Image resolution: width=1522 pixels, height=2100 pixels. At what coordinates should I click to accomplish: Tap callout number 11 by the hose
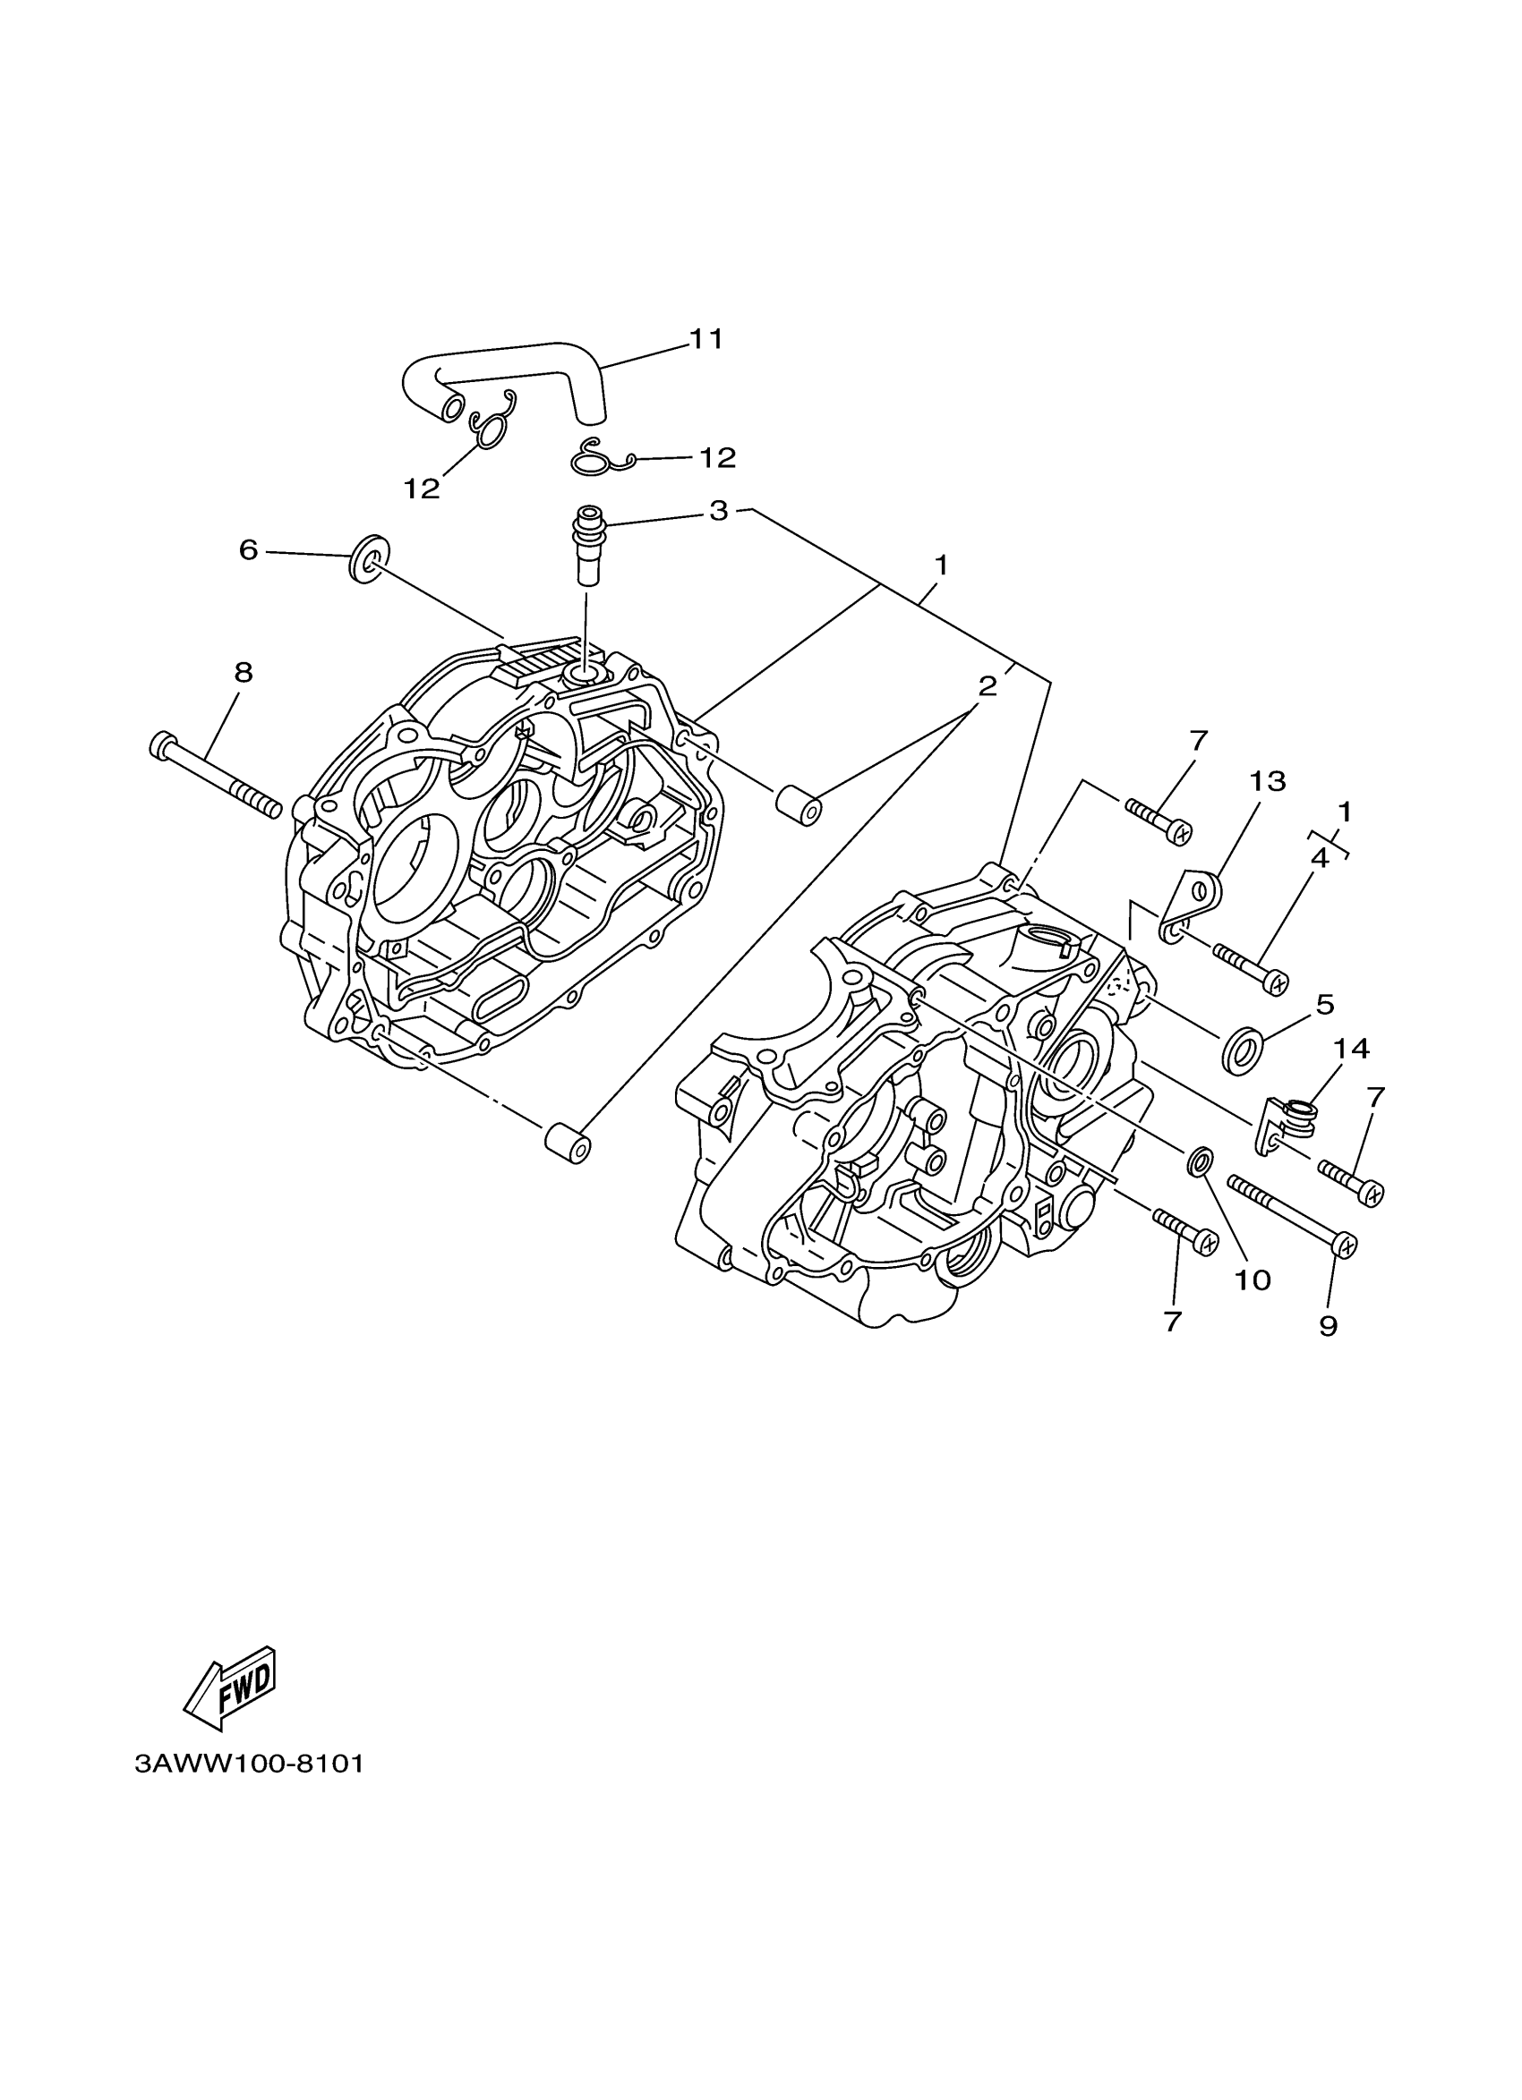pos(705,340)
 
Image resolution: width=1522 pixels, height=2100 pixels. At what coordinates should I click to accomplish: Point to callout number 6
pos(248,550)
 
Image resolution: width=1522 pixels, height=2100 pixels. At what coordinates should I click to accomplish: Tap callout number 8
pos(243,672)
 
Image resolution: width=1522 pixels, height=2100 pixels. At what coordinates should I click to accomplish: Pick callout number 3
pos(719,510)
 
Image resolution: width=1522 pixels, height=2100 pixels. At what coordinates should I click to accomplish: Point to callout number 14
pos(1352,1048)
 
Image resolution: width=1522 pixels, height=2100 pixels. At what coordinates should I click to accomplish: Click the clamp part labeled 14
pos(1289,1123)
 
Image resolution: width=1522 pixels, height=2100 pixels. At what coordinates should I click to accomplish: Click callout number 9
pos(1329,1326)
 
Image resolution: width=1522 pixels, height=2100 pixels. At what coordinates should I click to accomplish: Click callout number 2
pos(988,686)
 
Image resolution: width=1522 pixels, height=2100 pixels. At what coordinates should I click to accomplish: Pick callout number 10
pos(1252,1280)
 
